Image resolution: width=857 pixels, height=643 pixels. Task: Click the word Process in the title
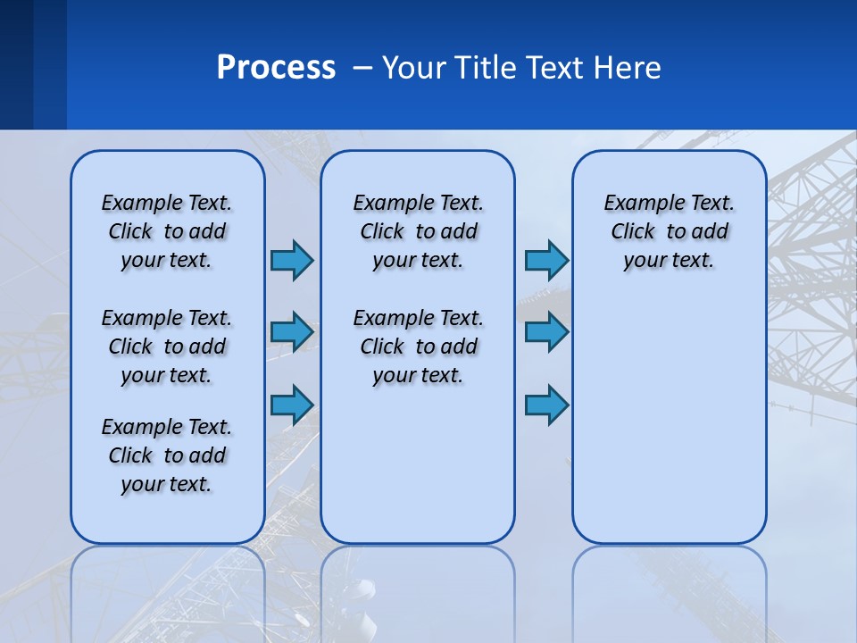(x=276, y=68)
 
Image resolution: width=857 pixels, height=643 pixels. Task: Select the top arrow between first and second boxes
(x=292, y=260)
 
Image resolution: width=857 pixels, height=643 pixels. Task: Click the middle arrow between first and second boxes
(x=292, y=332)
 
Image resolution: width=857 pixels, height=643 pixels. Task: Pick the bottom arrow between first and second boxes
(x=292, y=405)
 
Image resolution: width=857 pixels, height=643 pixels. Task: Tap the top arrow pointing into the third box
(x=546, y=260)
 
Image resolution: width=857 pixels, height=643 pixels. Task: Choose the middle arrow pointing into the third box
(x=546, y=332)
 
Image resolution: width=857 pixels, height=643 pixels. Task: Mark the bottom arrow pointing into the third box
(x=546, y=405)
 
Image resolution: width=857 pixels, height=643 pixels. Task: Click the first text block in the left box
(x=167, y=231)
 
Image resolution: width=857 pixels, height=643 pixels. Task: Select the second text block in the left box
(x=167, y=347)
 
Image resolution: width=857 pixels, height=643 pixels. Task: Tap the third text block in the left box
(x=167, y=455)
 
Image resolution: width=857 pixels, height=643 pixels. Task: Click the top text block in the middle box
(x=419, y=231)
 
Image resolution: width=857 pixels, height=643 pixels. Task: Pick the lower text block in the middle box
(x=419, y=347)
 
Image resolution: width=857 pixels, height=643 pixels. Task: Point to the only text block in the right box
(x=670, y=231)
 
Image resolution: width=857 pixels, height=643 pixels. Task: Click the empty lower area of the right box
(x=670, y=420)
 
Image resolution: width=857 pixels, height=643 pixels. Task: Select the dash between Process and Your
(x=362, y=68)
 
